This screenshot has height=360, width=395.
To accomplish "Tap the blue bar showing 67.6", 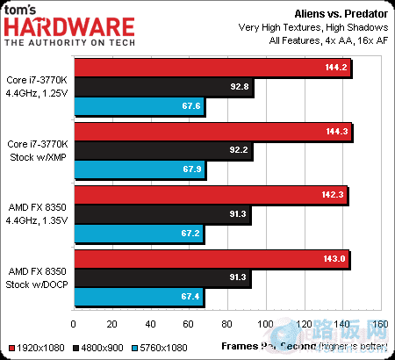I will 140,106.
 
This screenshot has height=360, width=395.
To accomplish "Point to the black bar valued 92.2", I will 163,151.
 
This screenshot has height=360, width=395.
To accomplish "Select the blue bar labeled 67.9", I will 140,170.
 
